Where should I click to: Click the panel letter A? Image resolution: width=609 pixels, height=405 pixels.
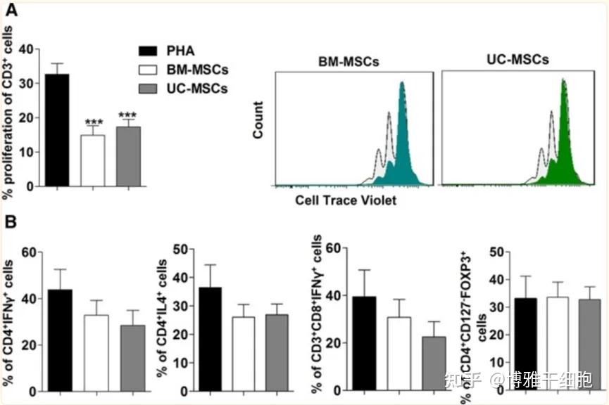click(11, 10)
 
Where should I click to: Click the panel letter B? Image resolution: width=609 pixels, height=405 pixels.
click(11, 221)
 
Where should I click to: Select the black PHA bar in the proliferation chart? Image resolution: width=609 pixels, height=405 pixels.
click(56, 129)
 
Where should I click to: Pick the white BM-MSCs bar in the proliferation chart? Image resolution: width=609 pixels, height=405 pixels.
click(92, 160)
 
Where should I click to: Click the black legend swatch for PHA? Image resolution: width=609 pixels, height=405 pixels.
click(146, 51)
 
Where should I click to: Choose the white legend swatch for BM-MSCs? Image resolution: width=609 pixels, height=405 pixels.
click(146, 70)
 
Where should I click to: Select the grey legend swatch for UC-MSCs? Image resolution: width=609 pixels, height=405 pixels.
click(146, 89)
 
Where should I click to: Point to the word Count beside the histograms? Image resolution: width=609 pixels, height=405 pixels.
click(258, 120)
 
